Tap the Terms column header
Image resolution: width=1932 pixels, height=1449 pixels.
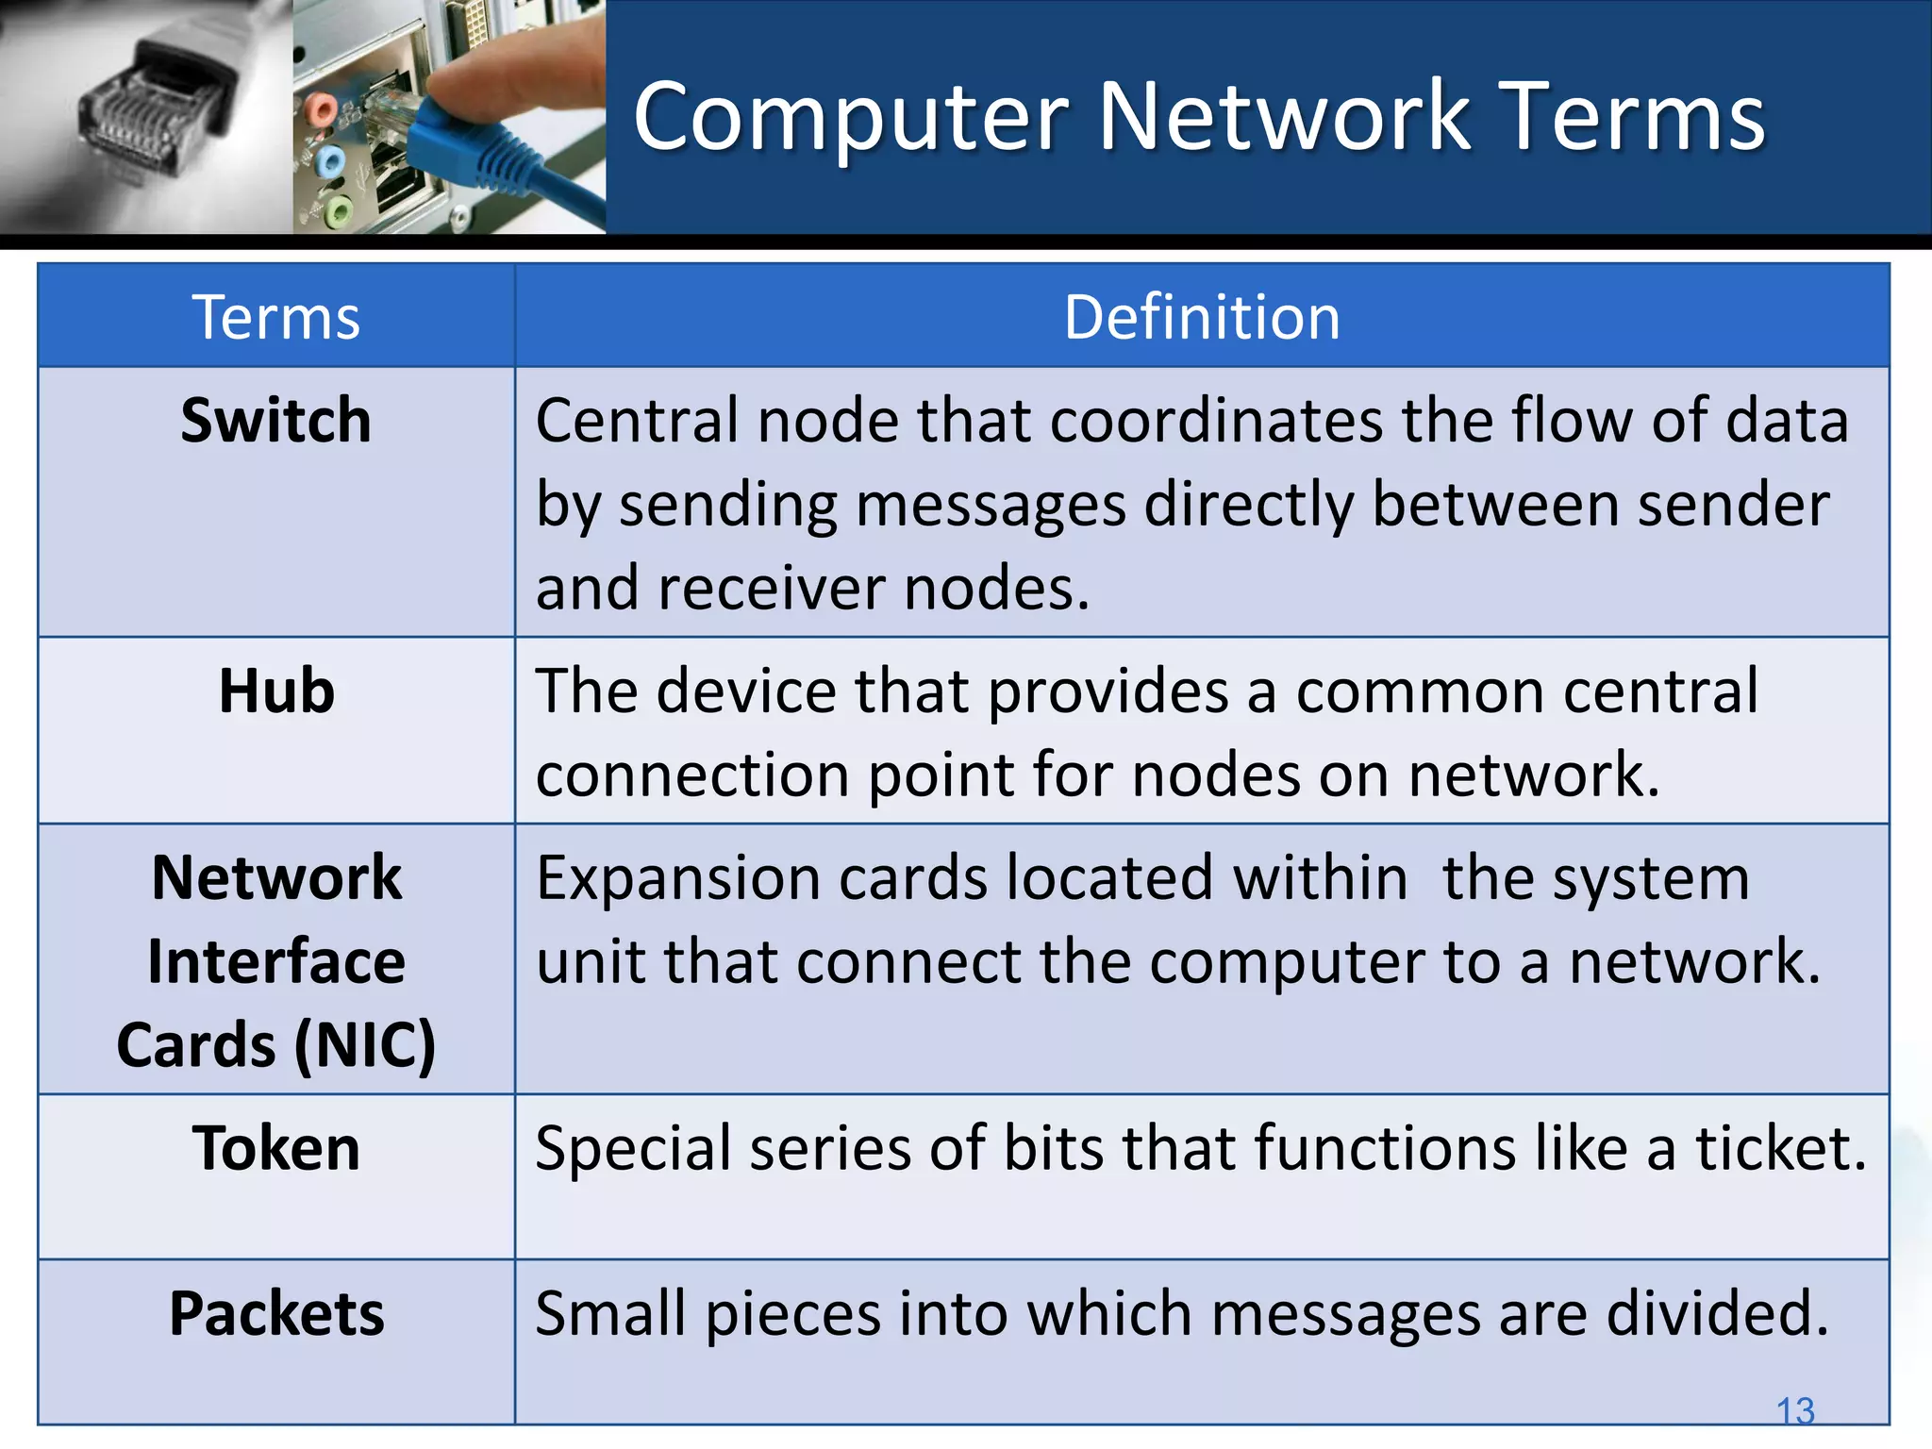click(x=276, y=317)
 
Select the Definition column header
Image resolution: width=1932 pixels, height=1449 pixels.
click(x=1201, y=317)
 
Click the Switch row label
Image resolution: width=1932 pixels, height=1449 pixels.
click(x=276, y=421)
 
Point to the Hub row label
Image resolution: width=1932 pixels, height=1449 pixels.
click(x=276, y=691)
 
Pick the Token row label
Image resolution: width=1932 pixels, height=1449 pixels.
click(x=276, y=1149)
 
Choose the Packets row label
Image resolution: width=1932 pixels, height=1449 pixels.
click(x=276, y=1313)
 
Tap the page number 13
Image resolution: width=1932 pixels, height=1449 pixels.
click(x=1794, y=1411)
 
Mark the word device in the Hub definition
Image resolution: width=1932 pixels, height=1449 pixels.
click(x=747, y=691)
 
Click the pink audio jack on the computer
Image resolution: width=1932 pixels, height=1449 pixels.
click(x=321, y=110)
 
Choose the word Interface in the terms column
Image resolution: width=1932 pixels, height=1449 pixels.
click(x=276, y=962)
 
